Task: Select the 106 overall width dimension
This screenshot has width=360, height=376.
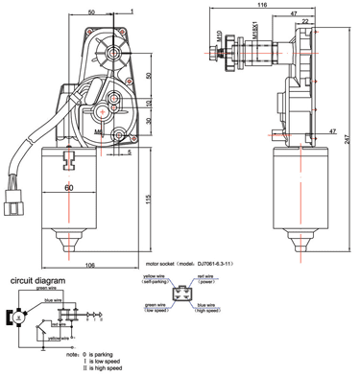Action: click(x=89, y=265)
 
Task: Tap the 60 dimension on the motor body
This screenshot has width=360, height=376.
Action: click(x=69, y=188)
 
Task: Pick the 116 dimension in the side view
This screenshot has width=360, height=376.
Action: click(x=259, y=7)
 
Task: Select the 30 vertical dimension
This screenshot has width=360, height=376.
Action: click(x=149, y=122)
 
